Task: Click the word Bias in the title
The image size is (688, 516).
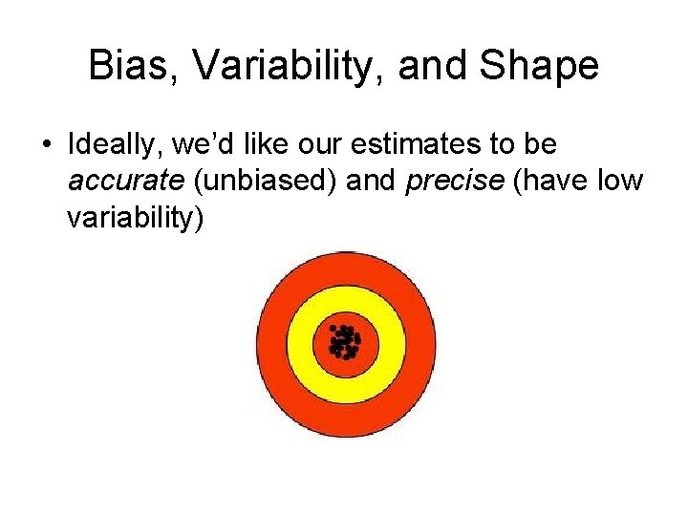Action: coord(127,66)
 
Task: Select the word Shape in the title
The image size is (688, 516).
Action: coord(541,66)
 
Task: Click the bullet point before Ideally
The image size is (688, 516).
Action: coord(45,146)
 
